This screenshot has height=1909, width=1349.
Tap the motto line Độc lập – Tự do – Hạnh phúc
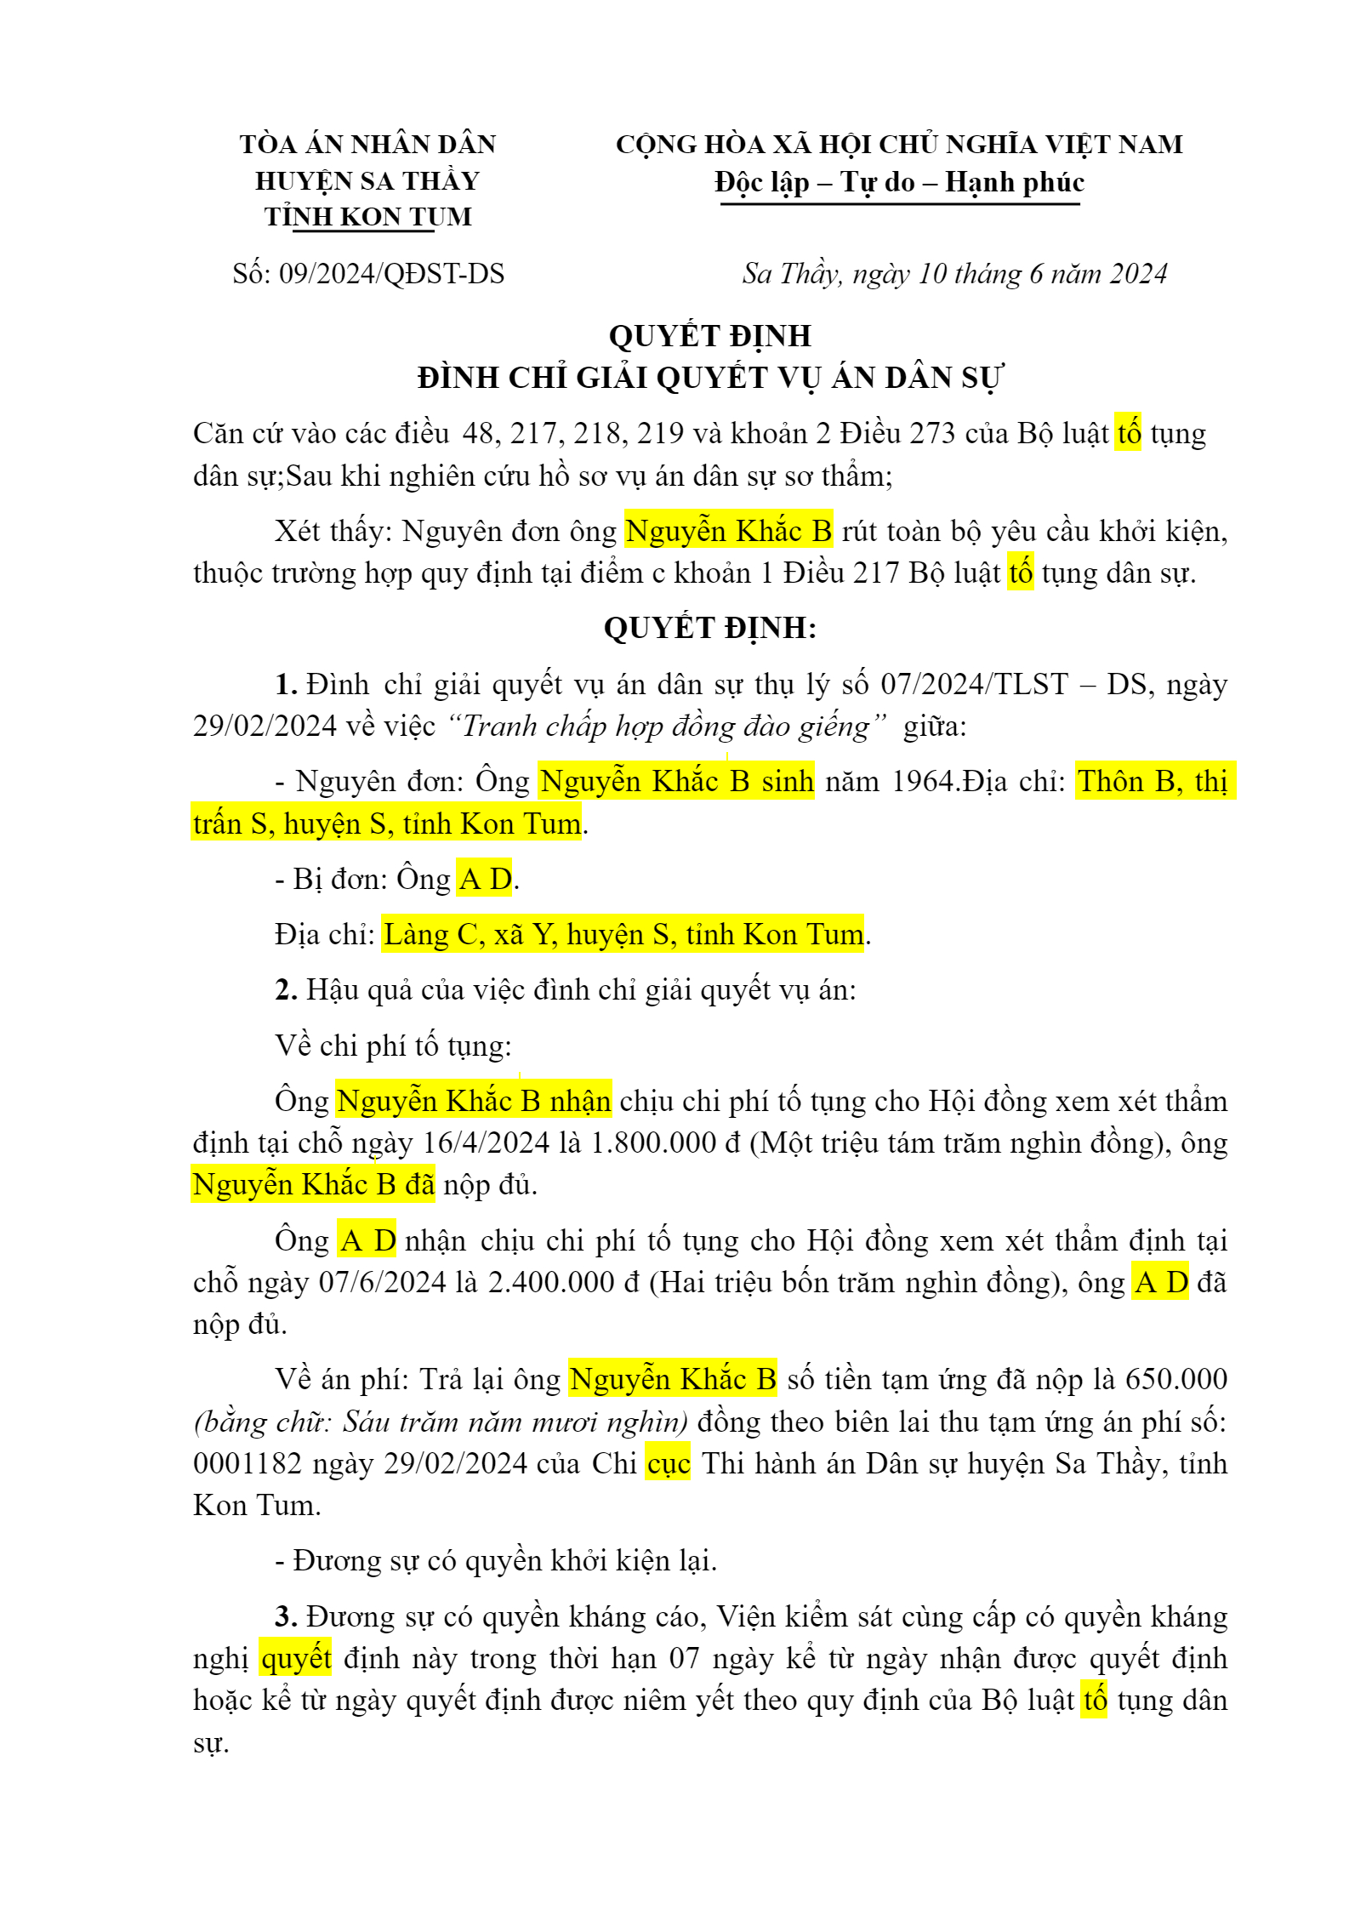tap(899, 182)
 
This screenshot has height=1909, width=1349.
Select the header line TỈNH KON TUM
tap(367, 217)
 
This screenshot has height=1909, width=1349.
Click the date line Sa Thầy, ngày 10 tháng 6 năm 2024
tap(954, 274)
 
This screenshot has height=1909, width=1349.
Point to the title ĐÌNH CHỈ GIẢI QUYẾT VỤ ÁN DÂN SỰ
tap(710, 378)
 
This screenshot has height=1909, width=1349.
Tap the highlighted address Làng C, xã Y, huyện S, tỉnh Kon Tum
tap(623, 935)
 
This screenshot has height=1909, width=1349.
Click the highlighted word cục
tap(668, 1463)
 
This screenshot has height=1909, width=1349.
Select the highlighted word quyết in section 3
tap(296, 1658)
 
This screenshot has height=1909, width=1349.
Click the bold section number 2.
tap(286, 990)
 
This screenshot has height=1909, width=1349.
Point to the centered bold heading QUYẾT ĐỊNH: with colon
tap(710, 628)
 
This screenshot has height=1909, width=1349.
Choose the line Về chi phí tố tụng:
tap(393, 1046)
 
